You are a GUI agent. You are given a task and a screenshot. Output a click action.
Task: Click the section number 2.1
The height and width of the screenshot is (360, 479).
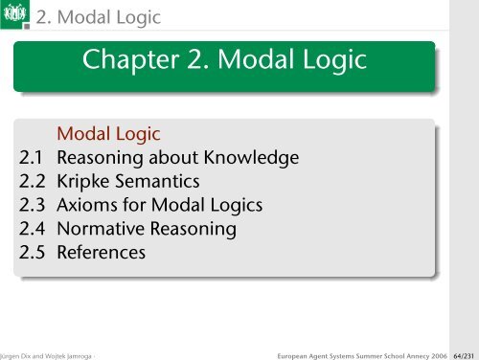(x=34, y=157)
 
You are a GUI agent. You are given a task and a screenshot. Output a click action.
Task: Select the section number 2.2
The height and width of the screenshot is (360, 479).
(x=34, y=181)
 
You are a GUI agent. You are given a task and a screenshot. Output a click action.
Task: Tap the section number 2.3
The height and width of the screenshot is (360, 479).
(x=34, y=205)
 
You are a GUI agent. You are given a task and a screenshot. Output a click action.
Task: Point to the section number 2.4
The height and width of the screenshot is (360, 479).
(x=34, y=229)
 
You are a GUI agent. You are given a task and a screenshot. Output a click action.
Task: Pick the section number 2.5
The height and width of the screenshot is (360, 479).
(x=34, y=253)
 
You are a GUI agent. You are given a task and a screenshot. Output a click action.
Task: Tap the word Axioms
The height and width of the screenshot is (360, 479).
(x=89, y=205)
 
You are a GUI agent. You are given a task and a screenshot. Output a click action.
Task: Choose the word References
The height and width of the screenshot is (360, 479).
(x=102, y=253)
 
